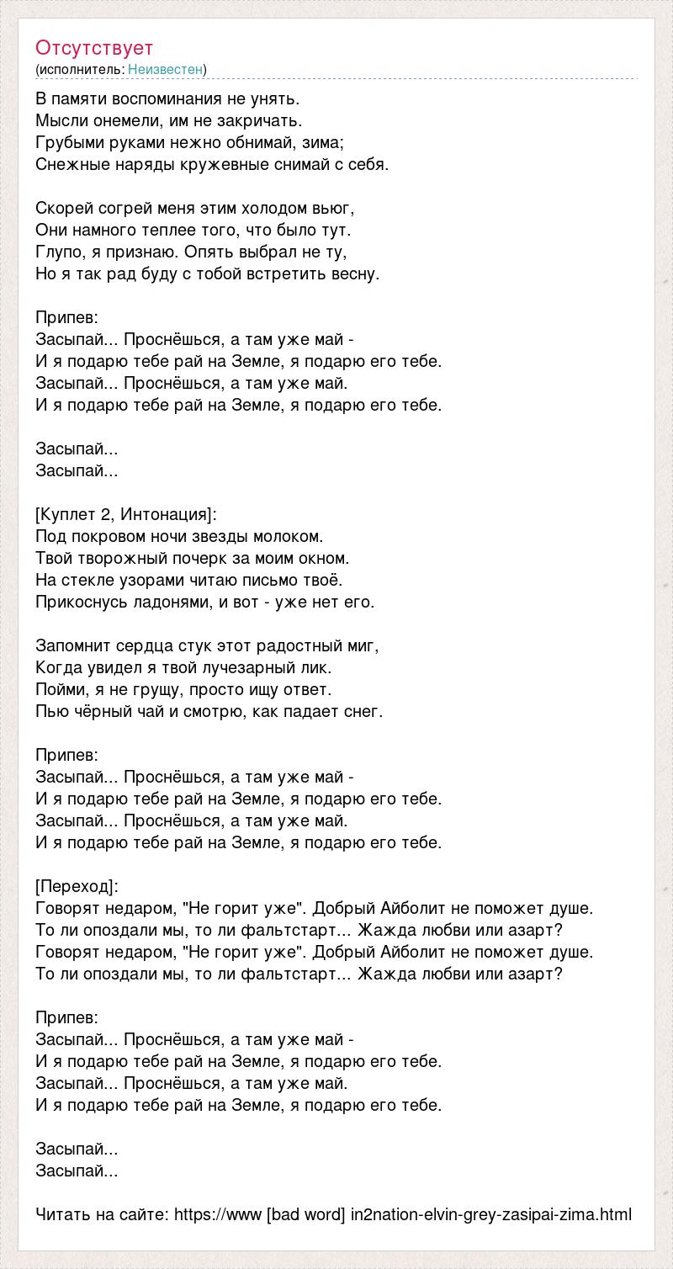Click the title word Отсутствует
click(94, 48)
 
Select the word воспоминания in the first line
click(163, 98)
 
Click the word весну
click(358, 273)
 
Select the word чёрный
click(98, 711)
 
